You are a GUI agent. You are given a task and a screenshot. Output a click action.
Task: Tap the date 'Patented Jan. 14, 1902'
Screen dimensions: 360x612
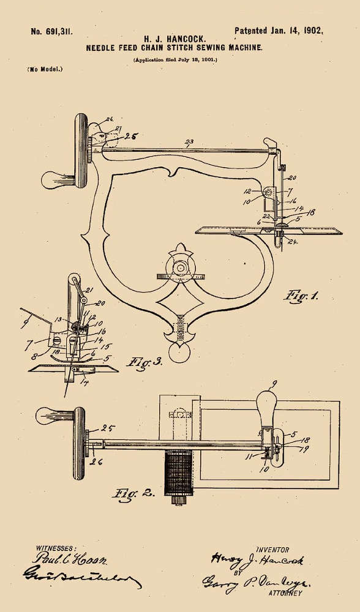coord(279,30)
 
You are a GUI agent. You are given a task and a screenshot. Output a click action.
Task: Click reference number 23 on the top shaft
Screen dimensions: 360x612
coord(189,142)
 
